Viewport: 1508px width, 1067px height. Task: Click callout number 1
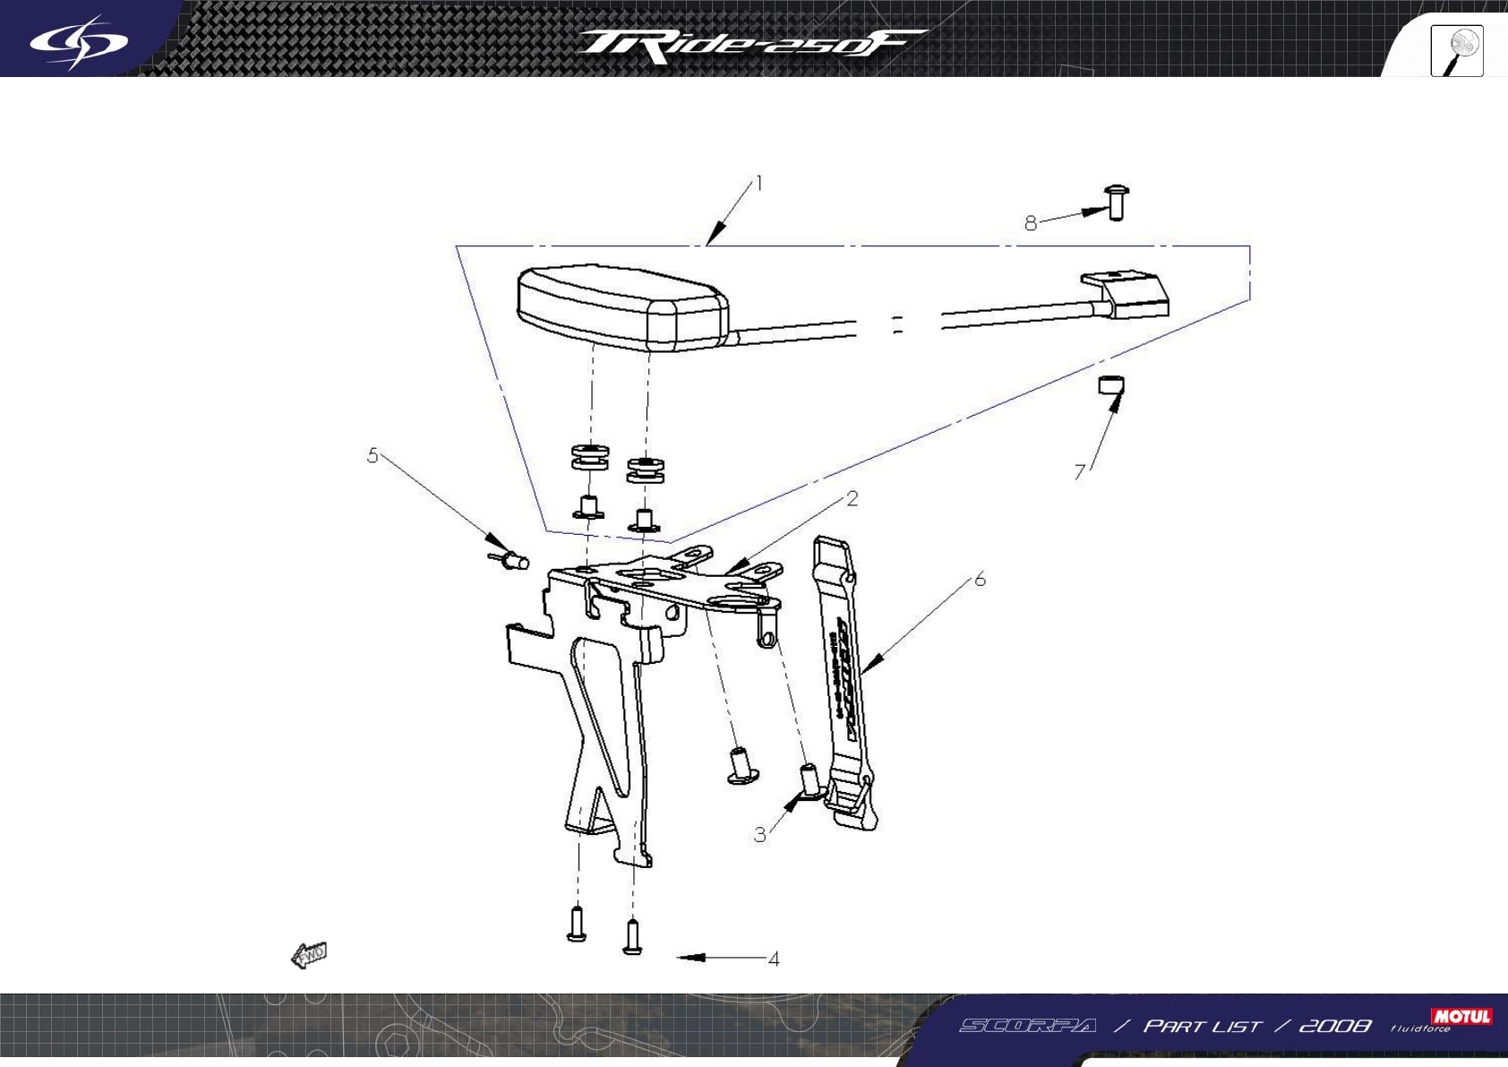759,184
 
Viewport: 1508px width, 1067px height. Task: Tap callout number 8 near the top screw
1031,223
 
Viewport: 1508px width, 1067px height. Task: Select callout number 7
1080,472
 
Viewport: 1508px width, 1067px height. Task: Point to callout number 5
373,455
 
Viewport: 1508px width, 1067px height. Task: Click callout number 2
852,499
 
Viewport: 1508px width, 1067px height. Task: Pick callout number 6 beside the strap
980,580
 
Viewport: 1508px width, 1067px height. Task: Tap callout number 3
759,835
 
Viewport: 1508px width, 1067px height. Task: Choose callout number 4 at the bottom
774,959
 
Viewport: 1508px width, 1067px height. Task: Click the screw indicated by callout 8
1117,202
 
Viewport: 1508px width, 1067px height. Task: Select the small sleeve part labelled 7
1111,386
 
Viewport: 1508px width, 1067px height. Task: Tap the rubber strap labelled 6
844,681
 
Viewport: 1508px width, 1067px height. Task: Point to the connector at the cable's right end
1130,295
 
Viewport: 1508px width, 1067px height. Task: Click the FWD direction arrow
309,956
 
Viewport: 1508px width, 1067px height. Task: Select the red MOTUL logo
1461,1016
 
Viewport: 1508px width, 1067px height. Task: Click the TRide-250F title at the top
750,46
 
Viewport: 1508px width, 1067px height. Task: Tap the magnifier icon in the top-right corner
1457,51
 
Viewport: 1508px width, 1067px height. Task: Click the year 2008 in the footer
1334,1027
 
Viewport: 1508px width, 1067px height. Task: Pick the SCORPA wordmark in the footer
1028,1027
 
